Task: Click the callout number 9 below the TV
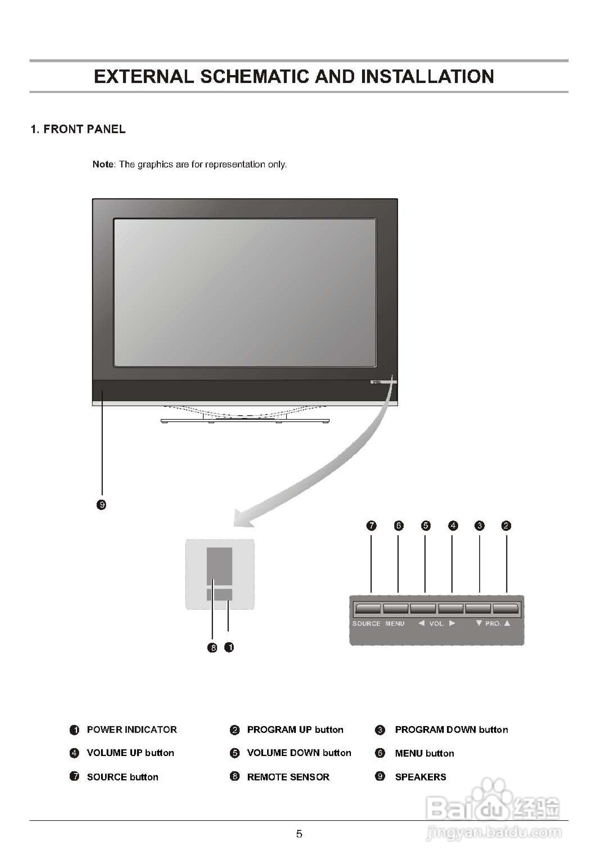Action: pos(101,505)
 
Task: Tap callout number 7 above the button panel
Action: pos(371,525)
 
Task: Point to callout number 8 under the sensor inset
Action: pos(212,647)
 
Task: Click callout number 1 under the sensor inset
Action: pos(229,647)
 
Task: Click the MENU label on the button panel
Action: pos(395,623)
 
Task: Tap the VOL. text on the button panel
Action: pos(436,623)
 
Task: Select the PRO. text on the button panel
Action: pos(493,623)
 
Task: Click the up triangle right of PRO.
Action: pos(507,623)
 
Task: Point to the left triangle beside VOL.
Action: pos(422,623)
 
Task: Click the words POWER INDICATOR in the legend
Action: pos(132,729)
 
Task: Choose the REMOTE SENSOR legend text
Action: pos(288,777)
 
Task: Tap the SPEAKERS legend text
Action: pos(420,777)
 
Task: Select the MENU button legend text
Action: pos(424,753)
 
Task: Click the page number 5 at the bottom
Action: pos(299,834)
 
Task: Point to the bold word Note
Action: pos(103,164)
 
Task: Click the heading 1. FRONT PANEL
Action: pos(78,129)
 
